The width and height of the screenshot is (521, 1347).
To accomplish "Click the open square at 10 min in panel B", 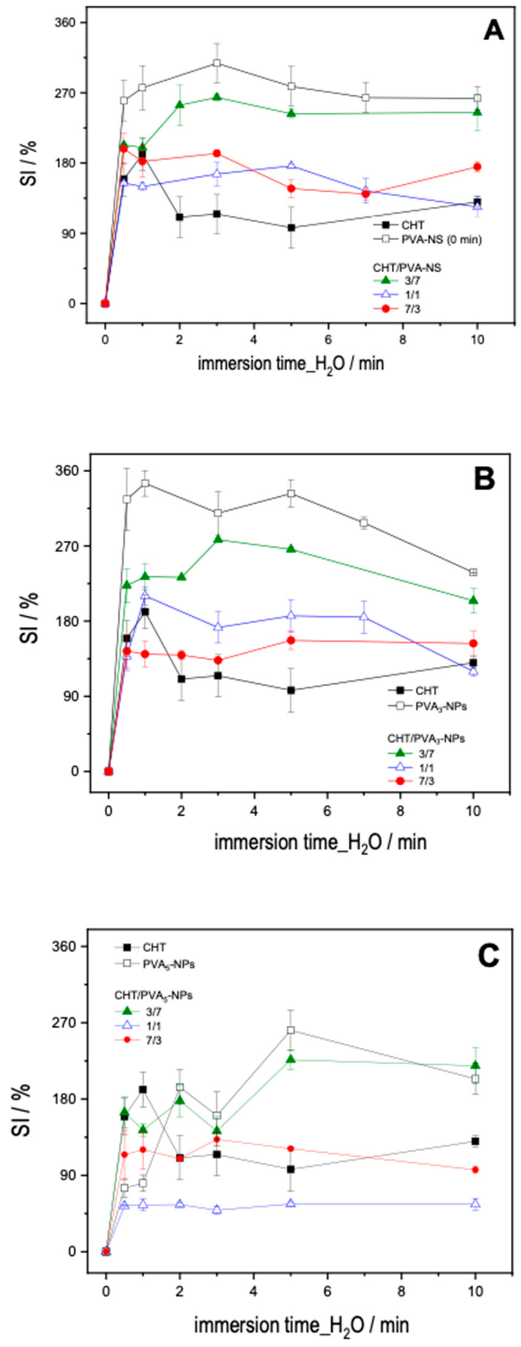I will pos(473,572).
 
